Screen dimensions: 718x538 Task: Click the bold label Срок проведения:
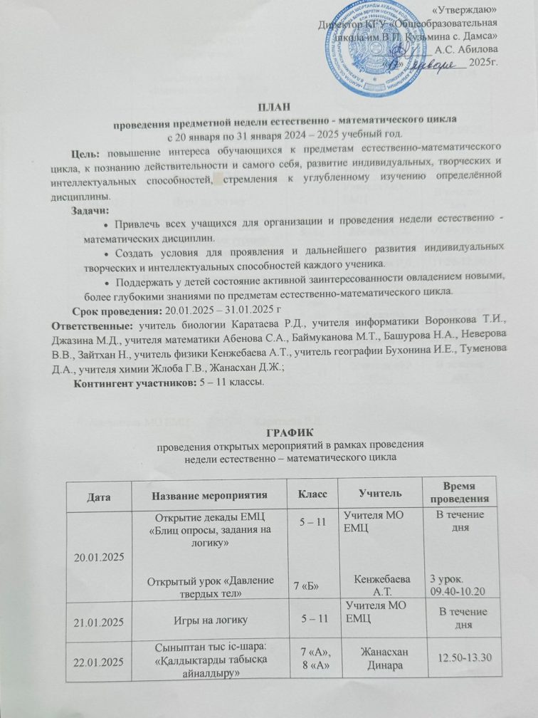(x=116, y=312)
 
